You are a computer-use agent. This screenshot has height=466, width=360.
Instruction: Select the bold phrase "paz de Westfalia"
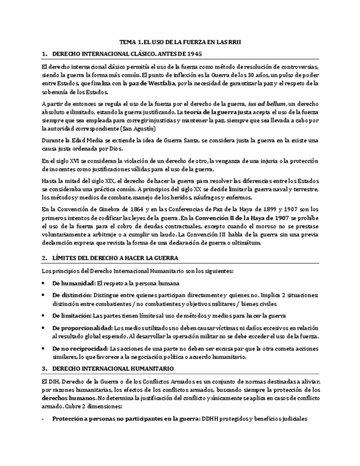[152, 83]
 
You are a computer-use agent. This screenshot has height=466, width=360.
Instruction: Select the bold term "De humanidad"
[73, 283]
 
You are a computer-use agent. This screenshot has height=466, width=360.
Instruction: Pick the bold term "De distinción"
[72, 295]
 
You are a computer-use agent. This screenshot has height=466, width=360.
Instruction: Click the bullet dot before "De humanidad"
[44, 284]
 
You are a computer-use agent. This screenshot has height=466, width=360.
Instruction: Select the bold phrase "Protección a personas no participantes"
[117, 419]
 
